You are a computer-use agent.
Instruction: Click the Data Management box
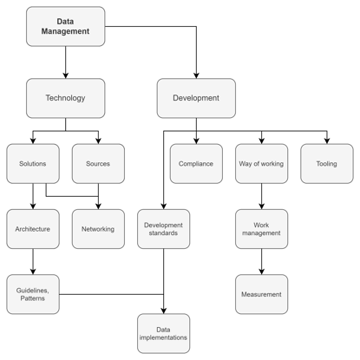(66, 26)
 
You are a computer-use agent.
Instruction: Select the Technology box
(66, 98)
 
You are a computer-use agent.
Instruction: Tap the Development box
(196, 98)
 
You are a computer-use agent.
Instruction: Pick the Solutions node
(33, 164)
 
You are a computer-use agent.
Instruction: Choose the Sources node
(98, 164)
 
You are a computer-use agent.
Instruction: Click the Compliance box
(196, 164)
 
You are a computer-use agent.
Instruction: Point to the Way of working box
(262, 164)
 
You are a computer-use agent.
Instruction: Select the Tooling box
(327, 164)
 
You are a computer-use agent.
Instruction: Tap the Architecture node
(33, 229)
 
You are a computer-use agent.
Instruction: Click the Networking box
(98, 229)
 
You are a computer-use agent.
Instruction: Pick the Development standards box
(164, 229)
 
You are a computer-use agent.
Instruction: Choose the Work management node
(262, 229)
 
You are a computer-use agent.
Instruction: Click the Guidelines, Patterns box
(33, 294)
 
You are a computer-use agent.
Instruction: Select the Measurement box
(262, 294)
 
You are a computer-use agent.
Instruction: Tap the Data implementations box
(164, 333)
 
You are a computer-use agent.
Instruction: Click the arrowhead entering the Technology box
(66, 75)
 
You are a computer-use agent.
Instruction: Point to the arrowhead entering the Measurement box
(262, 272)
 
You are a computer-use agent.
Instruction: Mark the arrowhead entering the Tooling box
(327, 141)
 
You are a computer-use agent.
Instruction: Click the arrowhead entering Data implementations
(164, 311)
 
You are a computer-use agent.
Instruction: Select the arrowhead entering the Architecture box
(33, 206)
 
